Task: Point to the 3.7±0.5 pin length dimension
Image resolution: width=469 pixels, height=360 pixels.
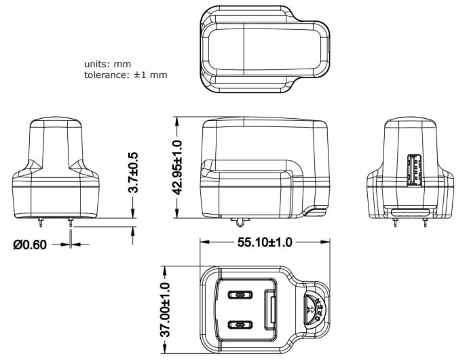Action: [x=134, y=173]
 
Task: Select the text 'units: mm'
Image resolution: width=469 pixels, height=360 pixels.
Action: [x=107, y=64]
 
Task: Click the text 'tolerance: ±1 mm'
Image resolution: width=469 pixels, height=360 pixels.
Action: [x=126, y=75]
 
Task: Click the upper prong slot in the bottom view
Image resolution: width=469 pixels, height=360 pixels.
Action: [x=240, y=295]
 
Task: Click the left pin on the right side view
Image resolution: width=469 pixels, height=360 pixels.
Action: [x=395, y=221]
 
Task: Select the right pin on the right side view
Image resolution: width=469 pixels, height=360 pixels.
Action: [x=424, y=221]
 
